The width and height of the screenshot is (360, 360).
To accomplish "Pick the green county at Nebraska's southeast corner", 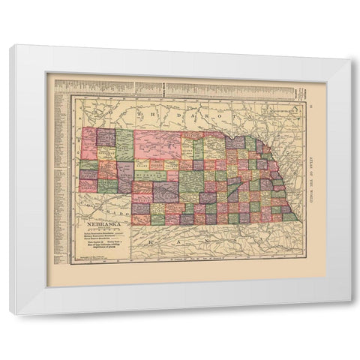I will (290, 216).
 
